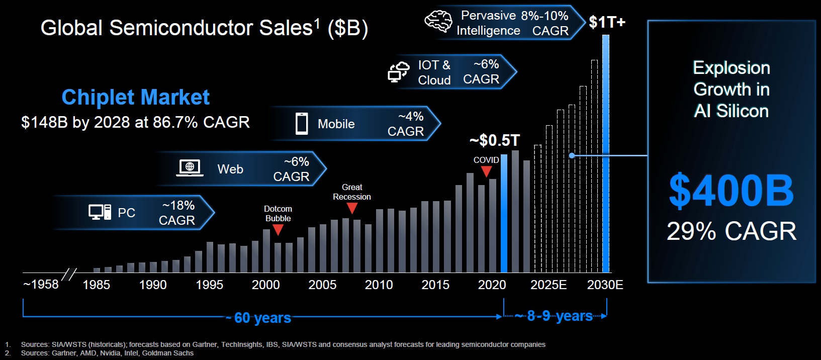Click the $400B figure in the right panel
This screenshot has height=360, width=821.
click(x=731, y=191)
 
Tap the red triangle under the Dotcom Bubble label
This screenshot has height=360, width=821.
click(x=278, y=230)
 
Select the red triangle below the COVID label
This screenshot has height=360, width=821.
click(x=486, y=171)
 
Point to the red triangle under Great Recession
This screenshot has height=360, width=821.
click(x=352, y=208)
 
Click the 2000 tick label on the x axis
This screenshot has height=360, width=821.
click(x=265, y=285)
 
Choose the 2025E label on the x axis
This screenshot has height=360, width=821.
click(x=549, y=285)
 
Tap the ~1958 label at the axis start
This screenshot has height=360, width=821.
click(x=41, y=285)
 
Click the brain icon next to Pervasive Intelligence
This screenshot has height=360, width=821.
click(x=438, y=22)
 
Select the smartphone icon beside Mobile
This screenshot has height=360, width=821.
click(x=302, y=124)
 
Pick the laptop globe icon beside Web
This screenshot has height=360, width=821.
click(x=190, y=168)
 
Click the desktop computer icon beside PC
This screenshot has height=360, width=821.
click(x=100, y=212)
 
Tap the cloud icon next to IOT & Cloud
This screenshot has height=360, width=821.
click(x=399, y=72)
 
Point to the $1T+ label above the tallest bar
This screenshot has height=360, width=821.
click(x=607, y=22)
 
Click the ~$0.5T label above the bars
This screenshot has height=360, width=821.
click(x=495, y=140)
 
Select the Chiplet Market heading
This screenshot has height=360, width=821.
click(x=135, y=97)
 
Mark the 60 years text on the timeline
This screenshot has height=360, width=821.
click(x=262, y=318)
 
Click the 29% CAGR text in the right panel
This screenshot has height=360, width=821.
click(x=731, y=231)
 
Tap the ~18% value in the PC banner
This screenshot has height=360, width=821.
click(x=178, y=205)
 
